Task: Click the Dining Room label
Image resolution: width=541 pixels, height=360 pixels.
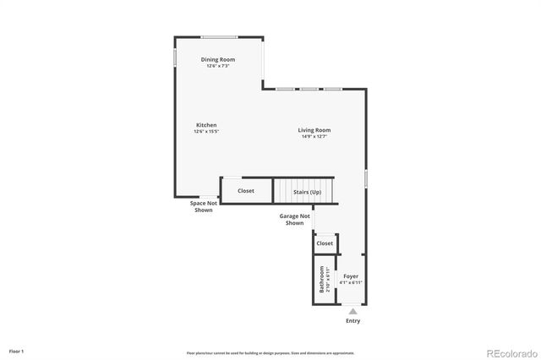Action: click(218, 59)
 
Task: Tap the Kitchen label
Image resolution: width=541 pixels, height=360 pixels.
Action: click(206, 125)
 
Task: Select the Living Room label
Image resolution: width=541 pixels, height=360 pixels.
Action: click(314, 130)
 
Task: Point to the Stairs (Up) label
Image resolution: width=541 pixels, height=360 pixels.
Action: click(307, 192)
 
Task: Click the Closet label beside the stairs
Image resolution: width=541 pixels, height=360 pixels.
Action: click(246, 191)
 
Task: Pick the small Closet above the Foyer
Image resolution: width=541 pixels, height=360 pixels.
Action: click(325, 243)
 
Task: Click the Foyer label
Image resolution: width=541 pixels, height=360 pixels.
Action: click(350, 276)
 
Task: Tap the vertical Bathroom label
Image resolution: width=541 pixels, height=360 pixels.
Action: click(321, 280)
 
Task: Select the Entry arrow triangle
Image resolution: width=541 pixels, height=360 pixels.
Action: click(352, 311)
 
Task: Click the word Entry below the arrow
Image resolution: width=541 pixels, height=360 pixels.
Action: click(352, 321)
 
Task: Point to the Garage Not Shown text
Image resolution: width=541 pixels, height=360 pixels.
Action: click(294, 220)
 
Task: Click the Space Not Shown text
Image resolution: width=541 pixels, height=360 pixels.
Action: click(203, 206)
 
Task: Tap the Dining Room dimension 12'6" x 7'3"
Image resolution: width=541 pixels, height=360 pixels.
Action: click(218, 66)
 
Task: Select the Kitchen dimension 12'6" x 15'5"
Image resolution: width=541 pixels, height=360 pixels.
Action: click(206, 132)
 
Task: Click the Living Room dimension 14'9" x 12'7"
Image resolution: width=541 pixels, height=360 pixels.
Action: click(314, 137)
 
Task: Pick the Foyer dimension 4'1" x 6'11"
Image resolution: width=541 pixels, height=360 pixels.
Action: click(350, 282)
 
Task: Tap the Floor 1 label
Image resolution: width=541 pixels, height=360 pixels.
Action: click(17, 351)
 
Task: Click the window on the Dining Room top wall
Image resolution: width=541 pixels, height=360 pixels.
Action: click(218, 36)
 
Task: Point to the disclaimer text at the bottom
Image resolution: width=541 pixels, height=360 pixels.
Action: click(270, 353)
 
